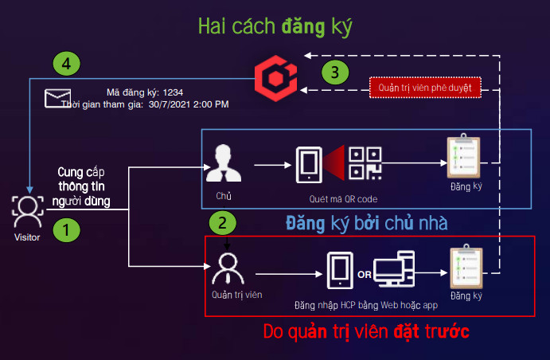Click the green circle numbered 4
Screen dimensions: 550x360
pos(66,64)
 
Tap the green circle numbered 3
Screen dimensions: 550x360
pos(335,72)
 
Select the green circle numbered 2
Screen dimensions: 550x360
pos(222,223)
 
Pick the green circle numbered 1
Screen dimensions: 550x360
pos(66,230)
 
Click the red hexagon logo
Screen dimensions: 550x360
pos(275,78)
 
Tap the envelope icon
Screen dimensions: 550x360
pos(57,98)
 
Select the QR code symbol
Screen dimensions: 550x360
pos(365,163)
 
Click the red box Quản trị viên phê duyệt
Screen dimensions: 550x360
pos(425,88)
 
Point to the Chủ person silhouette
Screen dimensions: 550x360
pos(224,163)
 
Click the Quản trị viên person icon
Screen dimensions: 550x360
pos(228,269)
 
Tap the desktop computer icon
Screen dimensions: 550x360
pos(394,268)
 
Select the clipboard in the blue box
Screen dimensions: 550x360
pos(464,156)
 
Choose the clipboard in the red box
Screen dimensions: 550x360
pos(466,266)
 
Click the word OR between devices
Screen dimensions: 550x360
pos(364,275)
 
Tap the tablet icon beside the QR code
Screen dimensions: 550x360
pos(309,165)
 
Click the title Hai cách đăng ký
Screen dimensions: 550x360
pos(275,26)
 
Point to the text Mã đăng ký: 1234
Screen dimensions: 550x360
pos(145,92)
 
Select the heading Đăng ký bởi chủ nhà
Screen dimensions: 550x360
pos(367,223)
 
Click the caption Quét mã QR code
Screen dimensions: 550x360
pos(343,199)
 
